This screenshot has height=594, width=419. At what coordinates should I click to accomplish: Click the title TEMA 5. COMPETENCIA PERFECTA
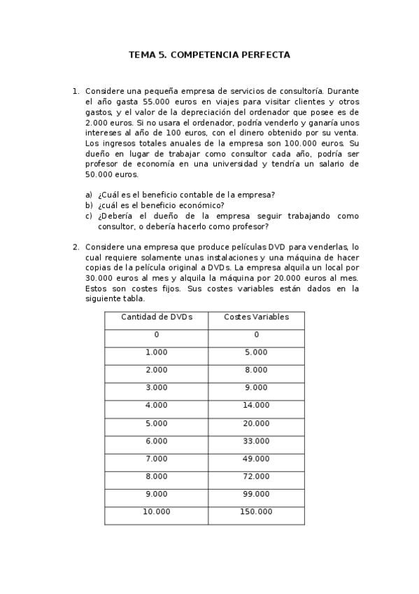209,55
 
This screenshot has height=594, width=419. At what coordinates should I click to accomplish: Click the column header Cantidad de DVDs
156,317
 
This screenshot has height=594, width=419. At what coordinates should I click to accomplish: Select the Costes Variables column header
256,317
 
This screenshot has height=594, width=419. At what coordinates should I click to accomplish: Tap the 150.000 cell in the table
256,512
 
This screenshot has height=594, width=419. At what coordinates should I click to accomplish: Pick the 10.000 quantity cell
156,512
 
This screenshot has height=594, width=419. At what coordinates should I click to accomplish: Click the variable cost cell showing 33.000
256,441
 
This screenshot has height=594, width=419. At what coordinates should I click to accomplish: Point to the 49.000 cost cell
256,459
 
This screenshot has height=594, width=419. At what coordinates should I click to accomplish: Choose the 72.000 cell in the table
256,476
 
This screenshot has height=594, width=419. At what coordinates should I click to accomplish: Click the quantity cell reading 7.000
156,459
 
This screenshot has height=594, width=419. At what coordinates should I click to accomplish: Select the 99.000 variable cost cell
256,494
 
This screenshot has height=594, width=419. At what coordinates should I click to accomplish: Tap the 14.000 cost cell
256,406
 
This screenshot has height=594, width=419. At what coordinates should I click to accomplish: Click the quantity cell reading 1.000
156,353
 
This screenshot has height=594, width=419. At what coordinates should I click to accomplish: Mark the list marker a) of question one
89,195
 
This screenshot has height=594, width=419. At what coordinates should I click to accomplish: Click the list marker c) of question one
89,216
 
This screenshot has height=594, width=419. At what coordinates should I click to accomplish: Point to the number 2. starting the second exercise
76,247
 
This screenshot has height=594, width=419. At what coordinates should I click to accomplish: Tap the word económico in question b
203,205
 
